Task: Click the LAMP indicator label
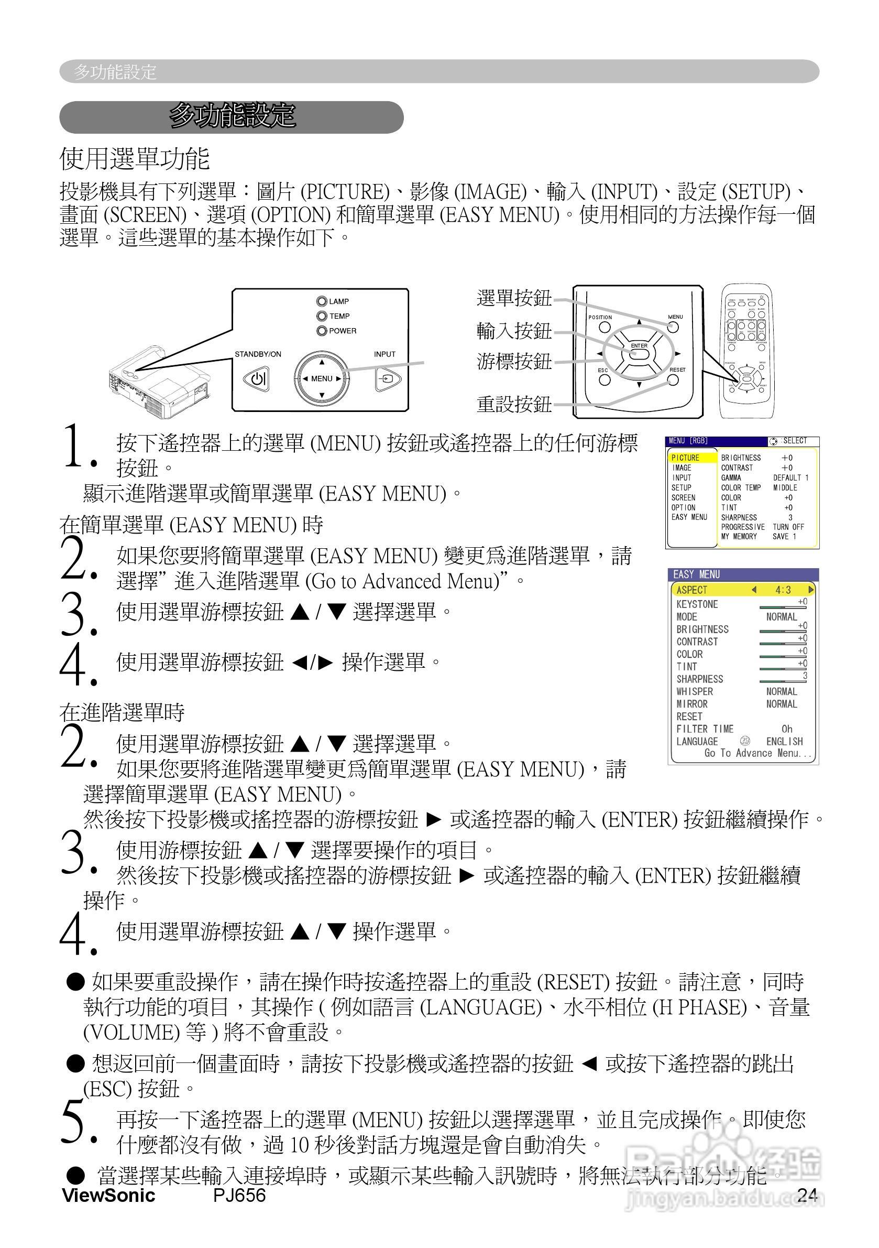point(339,301)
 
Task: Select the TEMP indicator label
point(339,316)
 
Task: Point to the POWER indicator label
point(343,331)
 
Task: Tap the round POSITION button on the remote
point(605,327)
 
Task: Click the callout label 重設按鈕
point(514,404)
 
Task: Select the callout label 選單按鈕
point(514,298)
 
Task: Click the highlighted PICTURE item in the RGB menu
point(686,458)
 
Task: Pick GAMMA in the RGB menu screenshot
point(731,478)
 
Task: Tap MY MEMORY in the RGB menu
point(739,536)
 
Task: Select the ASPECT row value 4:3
point(783,590)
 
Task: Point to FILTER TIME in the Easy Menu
point(705,729)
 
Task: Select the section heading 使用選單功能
point(135,159)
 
